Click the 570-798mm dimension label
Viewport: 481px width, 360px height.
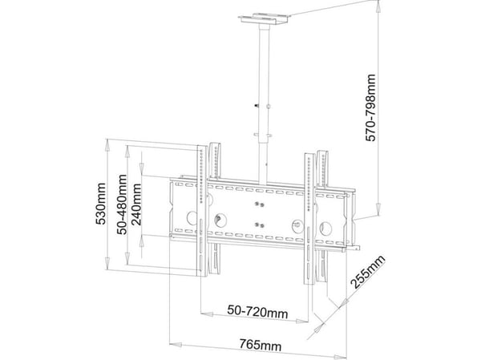[x=371, y=107]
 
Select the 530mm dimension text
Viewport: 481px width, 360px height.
[x=101, y=204]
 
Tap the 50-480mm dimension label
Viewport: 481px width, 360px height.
[x=122, y=204]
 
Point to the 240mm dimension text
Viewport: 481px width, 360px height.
[x=136, y=204]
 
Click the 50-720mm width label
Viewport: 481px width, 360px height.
[x=257, y=312]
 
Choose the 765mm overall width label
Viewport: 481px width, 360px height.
[x=261, y=345]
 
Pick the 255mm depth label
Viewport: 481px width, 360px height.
[x=368, y=272]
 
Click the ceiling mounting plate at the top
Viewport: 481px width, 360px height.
[x=265, y=18]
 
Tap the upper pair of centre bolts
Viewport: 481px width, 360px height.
[x=260, y=204]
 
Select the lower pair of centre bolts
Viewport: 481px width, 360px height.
[x=260, y=225]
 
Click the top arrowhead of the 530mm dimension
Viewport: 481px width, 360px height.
[x=107, y=145]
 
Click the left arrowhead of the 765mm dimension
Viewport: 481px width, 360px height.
[x=176, y=344]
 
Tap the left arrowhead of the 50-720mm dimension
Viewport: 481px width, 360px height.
[x=207, y=314]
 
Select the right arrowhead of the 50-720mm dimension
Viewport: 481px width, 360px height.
[x=302, y=321]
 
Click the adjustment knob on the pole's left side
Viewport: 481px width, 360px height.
[x=257, y=106]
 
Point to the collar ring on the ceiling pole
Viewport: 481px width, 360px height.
[x=263, y=135]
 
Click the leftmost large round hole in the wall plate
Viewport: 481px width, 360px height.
[x=192, y=217]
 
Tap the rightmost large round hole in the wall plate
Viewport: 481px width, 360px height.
[x=325, y=229]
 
